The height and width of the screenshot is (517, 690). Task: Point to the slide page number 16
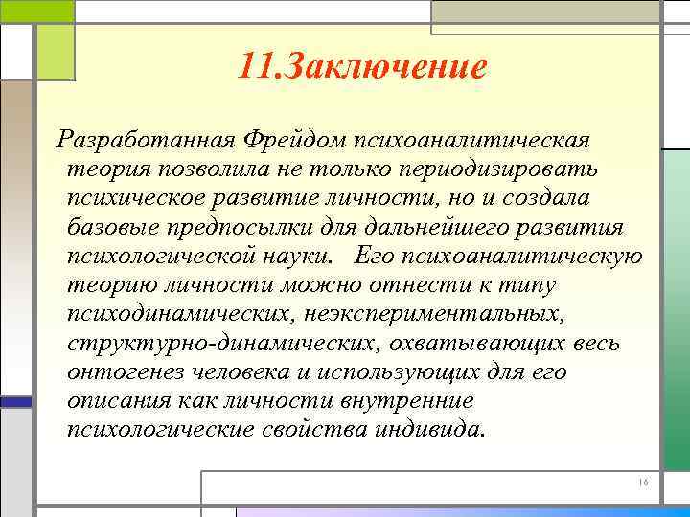coord(643,483)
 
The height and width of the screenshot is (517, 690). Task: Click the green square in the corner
coord(55,53)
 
